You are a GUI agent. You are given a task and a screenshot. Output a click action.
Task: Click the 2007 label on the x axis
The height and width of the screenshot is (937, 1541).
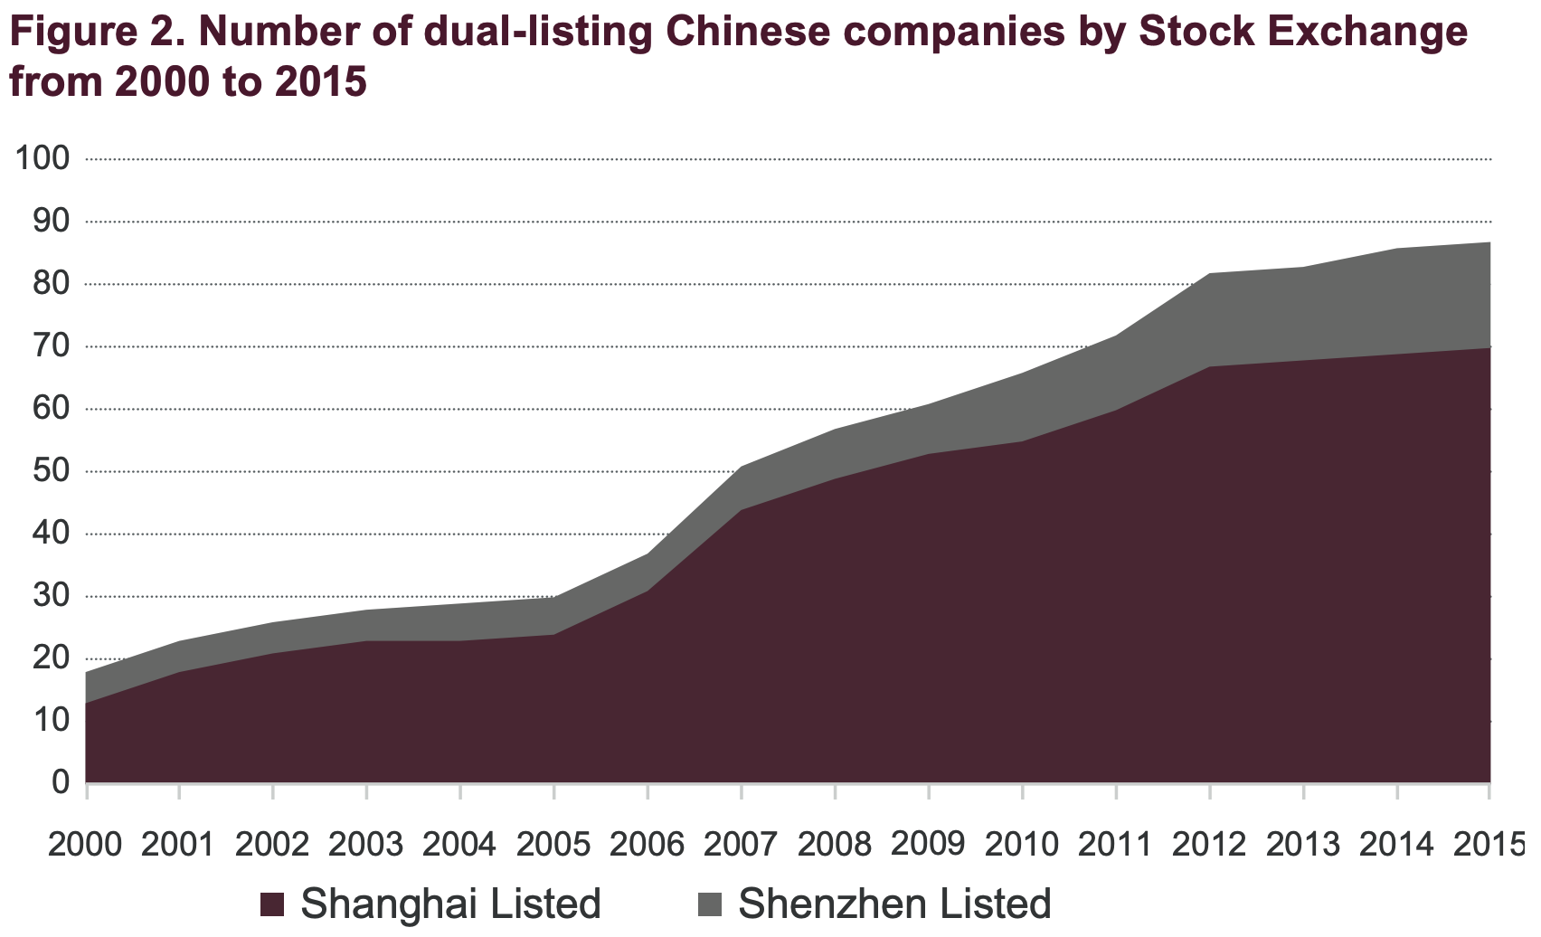point(741,844)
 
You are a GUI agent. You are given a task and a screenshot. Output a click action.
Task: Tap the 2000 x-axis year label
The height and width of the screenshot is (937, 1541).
point(85,844)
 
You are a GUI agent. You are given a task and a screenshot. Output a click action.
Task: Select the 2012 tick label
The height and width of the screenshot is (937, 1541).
point(1209,844)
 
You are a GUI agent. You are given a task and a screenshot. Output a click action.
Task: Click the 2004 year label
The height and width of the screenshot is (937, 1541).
point(459,844)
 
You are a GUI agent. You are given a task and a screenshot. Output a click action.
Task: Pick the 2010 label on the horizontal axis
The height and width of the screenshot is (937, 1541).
point(1022,844)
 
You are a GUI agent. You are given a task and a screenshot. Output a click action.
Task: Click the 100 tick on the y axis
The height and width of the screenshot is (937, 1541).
point(42,159)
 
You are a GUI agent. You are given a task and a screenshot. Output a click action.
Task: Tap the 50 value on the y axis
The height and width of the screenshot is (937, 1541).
point(51,471)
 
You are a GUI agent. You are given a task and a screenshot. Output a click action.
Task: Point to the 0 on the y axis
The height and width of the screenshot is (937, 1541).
point(61,781)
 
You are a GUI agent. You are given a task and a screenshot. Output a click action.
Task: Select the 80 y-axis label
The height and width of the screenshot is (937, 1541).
point(51,284)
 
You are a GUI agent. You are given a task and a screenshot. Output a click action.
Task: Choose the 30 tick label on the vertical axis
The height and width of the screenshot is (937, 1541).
point(51,596)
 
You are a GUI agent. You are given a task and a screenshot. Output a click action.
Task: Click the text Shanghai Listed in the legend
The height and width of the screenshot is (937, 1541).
point(450,904)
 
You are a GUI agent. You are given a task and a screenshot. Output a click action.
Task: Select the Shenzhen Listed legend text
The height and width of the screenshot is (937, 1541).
point(894,904)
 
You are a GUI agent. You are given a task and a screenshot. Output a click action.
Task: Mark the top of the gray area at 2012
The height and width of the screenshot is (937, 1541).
point(1210,273)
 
